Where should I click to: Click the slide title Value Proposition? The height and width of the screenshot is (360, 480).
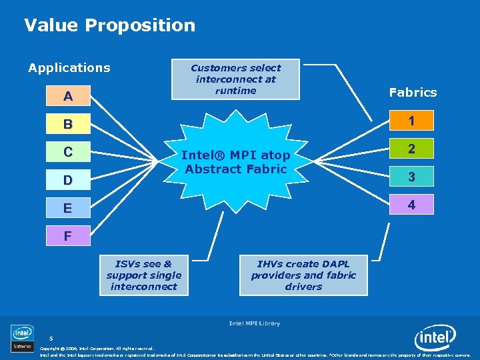109,25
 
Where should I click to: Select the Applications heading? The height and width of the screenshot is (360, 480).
69,67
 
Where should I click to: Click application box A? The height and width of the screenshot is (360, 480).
68,97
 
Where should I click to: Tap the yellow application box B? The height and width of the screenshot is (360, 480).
68,124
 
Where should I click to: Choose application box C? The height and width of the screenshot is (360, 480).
68,152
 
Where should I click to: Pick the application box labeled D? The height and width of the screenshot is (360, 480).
68,180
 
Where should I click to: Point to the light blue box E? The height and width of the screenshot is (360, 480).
68,208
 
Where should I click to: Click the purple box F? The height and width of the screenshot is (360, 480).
68,235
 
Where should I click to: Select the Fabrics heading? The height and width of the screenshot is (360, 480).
413,92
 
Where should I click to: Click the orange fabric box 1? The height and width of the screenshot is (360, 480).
411,121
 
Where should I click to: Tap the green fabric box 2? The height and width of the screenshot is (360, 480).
411,149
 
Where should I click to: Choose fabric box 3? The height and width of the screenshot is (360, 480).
411,177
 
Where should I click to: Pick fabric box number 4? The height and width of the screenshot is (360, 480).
411,205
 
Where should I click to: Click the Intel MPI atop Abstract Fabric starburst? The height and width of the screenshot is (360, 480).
236,162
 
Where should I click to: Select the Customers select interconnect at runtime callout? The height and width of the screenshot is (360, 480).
236,79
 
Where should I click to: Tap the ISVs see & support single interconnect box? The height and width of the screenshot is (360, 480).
143,275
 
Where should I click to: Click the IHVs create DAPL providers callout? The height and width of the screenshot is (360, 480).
303,275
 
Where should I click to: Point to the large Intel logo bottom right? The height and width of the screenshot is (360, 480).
435,339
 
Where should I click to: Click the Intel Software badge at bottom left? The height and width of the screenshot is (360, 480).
21,338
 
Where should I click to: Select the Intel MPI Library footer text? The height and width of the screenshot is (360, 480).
254,323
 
